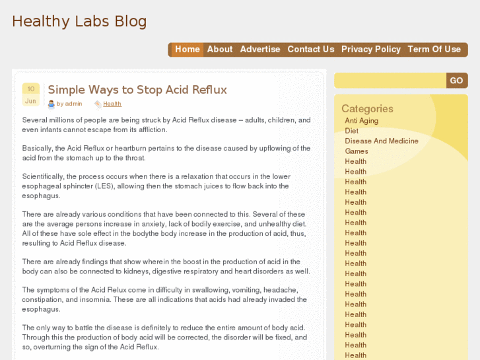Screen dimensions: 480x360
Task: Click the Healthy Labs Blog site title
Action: [79, 21]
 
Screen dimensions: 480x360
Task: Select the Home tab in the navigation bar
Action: [188, 50]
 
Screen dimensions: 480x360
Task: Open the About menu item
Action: [220, 50]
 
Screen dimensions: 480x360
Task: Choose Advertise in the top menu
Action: [260, 50]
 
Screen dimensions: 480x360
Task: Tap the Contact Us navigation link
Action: [311, 50]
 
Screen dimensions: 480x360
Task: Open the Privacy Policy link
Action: [371, 50]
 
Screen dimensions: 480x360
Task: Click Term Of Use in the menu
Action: [434, 50]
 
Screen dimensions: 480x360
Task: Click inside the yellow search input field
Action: [390, 81]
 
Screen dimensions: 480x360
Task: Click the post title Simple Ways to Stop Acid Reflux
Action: [137, 90]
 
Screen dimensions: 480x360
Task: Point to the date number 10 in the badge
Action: [31, 89]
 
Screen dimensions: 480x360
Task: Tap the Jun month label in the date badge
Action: [30, 101]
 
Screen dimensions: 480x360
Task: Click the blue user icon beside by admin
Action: [51, 104]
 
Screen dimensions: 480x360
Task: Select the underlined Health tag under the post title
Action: [112, 104]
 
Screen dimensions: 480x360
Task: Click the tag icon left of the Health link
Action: [98, 104]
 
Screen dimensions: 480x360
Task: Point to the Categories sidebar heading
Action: [367, 108]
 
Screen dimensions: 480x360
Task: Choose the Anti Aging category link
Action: [362, 121]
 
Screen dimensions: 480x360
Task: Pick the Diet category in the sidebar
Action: [351, 131]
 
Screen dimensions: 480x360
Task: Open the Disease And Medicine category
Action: [382, 141]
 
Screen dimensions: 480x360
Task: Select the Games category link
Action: [357, 151]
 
